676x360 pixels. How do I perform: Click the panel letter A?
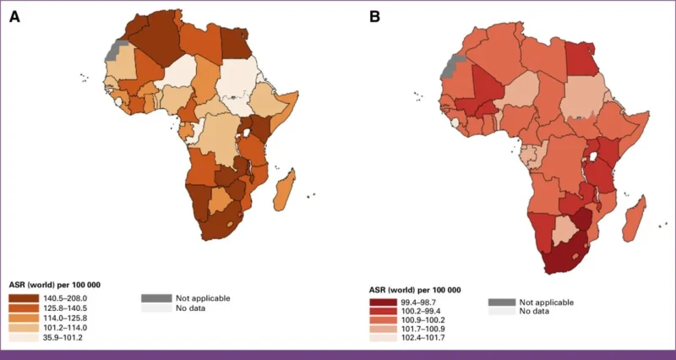click(x=14, y=16)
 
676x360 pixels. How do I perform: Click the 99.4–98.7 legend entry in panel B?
click(x=381, y=302)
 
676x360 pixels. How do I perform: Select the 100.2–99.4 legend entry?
click(x=381, y=312)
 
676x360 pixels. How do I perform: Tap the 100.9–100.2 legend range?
click(x=381, y=321)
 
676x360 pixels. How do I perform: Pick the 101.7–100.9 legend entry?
click(x=381, y=330)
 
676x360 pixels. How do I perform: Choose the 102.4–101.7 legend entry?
click(x=381, y=340)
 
